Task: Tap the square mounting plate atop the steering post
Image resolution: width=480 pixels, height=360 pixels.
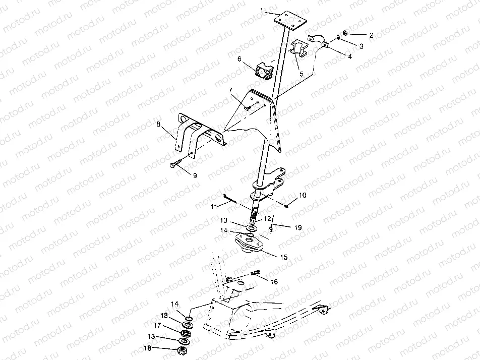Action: pos(289,20)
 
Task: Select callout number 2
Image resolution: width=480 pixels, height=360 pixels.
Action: pos(371,35)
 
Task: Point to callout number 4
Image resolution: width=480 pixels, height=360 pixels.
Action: pos(349,56)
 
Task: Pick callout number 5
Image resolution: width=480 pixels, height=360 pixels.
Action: pos(302,74)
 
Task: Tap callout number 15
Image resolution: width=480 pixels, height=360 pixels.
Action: pos(284,257)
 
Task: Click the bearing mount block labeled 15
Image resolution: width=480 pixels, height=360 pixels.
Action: pos(251,244)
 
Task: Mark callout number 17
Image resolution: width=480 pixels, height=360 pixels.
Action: pos(157,325)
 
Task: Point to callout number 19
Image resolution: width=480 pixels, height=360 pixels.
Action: pos(298,228)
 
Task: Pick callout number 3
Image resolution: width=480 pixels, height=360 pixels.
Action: pos(361,46)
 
